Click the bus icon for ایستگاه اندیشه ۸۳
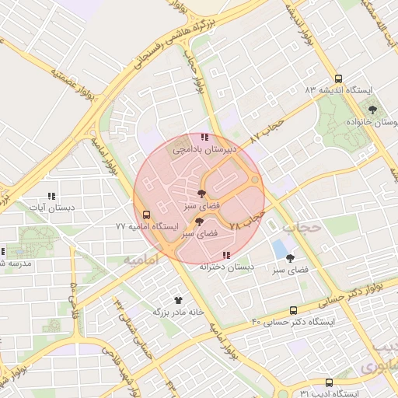(337, 79)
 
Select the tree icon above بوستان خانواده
(372, 110)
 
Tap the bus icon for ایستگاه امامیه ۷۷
(145, 215)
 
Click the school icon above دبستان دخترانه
(226, 255)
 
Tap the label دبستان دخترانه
(226, 267)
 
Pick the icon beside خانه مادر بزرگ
(179, 299)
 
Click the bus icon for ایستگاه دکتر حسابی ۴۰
(293, 310)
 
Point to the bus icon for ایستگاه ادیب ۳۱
(329, 382)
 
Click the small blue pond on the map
(278, 249)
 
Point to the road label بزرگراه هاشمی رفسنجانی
(155, 47)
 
